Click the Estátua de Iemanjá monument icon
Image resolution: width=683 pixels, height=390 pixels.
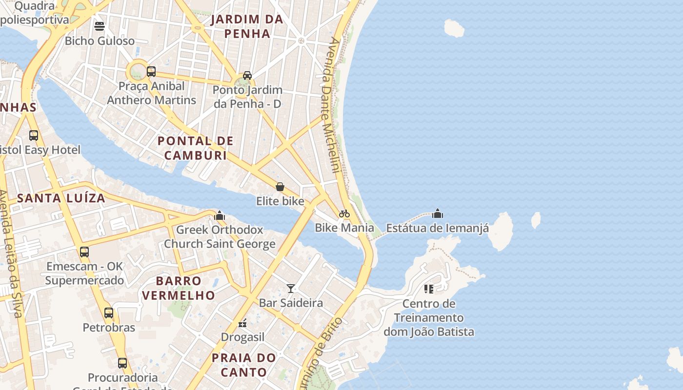438,214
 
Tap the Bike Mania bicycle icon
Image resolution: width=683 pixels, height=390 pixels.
344,214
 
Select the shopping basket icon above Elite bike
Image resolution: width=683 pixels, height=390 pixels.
280,187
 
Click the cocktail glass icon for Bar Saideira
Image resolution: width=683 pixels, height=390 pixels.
291,289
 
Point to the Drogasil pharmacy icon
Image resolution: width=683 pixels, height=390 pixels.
242,323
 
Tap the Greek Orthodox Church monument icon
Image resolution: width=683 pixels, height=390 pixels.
220,215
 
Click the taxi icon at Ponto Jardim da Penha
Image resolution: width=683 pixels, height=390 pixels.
247,76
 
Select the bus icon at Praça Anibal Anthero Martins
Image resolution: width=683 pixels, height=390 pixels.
151,72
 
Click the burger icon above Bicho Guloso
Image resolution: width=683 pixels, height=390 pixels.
100,26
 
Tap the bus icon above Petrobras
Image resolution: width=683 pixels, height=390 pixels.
109,313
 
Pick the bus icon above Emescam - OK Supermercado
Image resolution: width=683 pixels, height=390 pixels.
84,252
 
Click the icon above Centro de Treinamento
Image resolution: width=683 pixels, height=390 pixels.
429,289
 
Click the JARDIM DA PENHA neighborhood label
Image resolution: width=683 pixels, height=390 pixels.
247,26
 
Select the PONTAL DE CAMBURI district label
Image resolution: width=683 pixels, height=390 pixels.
196,148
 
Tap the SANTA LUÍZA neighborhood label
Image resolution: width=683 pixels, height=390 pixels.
61,198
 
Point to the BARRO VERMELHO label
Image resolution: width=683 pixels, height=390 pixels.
179,288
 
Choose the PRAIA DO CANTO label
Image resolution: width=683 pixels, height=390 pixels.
244,365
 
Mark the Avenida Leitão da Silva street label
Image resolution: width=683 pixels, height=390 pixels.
11,253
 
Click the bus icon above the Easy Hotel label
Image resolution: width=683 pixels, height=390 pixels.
34,136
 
